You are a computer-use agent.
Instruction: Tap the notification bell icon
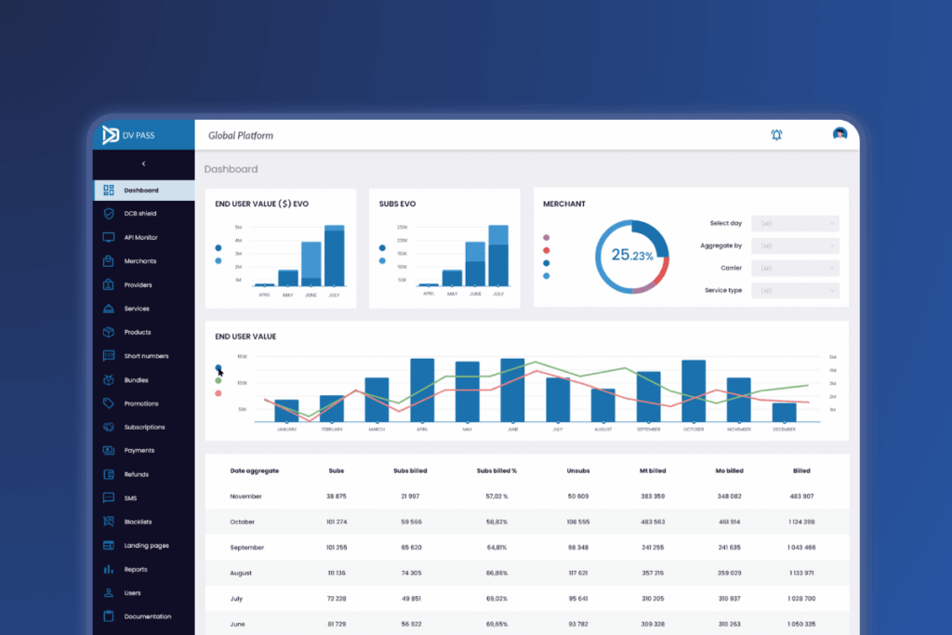coord(776,135)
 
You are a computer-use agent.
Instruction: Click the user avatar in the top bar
coord(840,134)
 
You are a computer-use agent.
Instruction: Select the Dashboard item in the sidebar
coord(141,191)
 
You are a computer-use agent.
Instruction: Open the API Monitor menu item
coord(141,238)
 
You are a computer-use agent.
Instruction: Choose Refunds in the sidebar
coord(137,474)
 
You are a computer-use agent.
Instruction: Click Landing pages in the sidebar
coord(146,546)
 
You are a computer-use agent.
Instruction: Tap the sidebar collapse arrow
coord(143,164)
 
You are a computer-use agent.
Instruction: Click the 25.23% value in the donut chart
coord(631,255)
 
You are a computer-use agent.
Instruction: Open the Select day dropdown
coord(798,223)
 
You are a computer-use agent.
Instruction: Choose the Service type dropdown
coord(798,291)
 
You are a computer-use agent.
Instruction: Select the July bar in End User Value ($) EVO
coord(334,256)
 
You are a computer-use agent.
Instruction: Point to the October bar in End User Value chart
coord(694,390)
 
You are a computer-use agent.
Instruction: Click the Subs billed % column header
coord(496,471)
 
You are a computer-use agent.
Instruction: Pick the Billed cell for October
coord(801,522)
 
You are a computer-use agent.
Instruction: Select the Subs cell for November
coord(337,496)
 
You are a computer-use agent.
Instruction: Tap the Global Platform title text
coord(241,136)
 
